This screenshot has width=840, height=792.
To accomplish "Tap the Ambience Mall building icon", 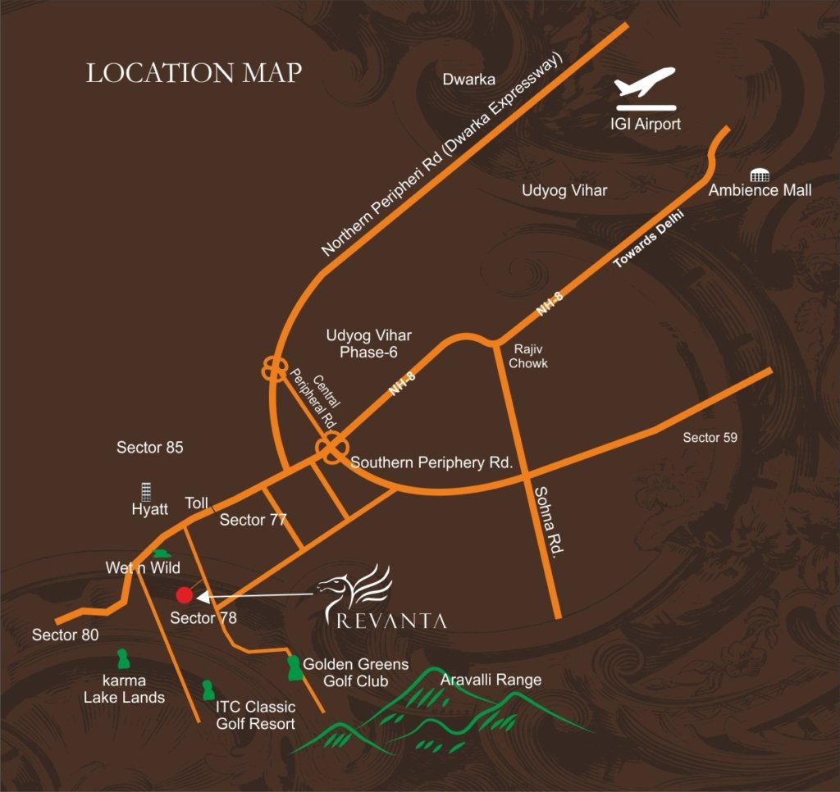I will coord(759,175).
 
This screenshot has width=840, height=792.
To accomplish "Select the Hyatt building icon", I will coord(147,492).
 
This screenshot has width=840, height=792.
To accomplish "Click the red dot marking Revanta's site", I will coord(185,595).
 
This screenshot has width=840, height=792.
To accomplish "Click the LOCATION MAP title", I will coord(194,73).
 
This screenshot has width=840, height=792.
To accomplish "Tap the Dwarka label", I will coord(468,80).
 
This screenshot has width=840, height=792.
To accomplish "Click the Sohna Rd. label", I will coord(546,521).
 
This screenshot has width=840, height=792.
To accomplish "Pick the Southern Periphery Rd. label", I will coord(431,462).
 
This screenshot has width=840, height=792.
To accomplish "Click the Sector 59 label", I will coord(710,438).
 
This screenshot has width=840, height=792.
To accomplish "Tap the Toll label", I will coord(197,503).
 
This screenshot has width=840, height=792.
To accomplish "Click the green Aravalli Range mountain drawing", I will coord(443,713).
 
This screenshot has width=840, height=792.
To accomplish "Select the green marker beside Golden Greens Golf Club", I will coord(293,667).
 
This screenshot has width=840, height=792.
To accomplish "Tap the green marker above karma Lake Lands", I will coord(123,659).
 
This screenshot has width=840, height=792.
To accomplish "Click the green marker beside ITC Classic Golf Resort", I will coord(208,690).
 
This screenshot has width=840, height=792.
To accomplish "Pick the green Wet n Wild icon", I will coord(162,555).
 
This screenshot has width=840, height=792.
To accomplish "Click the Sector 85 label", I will coord(150,448).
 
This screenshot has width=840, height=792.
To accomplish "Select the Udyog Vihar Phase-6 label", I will coord(368,344).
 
